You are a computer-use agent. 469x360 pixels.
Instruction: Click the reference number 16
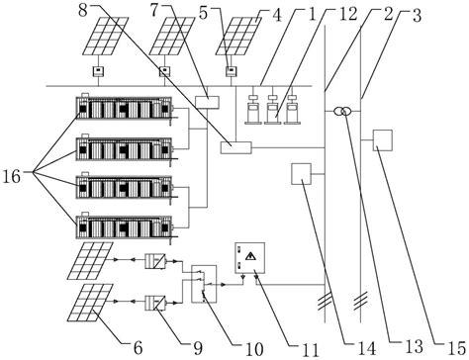point(12,177)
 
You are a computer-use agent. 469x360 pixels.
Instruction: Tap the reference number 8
point(83,10)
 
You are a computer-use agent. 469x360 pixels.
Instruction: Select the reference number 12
point(348,14)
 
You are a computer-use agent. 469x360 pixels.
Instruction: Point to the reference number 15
point(457,347)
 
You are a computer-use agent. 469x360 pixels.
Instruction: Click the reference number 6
point(138,348)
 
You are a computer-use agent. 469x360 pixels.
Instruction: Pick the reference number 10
point(254,348)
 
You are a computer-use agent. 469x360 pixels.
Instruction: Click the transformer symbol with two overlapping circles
point(341,112)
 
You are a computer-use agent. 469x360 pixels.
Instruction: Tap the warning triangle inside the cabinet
point(250,256)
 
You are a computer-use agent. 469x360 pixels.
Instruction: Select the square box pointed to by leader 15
point(383,140)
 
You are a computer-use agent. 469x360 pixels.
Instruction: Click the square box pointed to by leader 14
point(301,174)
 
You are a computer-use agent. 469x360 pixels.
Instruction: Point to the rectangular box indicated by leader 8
point(235,147)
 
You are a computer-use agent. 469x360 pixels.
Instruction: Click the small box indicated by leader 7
point(208,102)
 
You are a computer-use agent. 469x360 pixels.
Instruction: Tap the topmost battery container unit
point(125,109)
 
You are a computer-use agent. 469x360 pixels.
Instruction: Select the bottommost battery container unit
point(125,227)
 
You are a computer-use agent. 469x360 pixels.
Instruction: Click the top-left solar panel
point(105,36)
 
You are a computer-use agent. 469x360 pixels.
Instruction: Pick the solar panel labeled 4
point(238,36)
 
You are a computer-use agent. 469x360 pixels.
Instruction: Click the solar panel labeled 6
point(89,303)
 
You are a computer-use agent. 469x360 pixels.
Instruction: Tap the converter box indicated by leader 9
point(155,304)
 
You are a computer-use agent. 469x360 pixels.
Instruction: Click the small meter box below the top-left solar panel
point(98,71)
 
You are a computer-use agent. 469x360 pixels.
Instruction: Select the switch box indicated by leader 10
point(204,284)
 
